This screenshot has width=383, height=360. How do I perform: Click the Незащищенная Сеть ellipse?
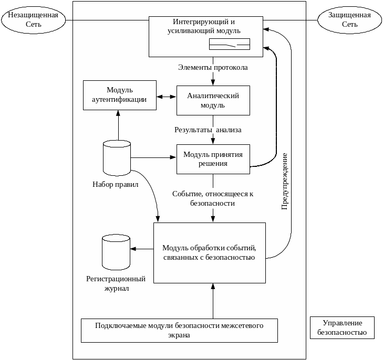pos(33,20)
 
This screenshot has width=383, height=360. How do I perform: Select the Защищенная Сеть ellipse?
pos(349,20)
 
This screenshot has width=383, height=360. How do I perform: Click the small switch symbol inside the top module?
pos(230,45)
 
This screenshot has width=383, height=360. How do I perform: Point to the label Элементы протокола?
pos(213,68)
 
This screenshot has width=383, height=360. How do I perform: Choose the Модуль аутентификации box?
pos(120,95)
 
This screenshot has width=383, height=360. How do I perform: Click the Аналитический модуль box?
pos(213,100)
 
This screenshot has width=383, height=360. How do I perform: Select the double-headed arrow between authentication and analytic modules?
pos(167,97)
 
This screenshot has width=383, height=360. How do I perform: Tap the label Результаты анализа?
pos(208,130)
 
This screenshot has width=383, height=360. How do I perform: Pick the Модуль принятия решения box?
pos(213,159)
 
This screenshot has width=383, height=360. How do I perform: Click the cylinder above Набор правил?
pos(117,157)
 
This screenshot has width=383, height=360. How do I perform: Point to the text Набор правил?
pos(116,184)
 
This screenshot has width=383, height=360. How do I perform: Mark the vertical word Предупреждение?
pos(284,181)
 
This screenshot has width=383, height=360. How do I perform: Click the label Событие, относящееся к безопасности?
pos(213,198)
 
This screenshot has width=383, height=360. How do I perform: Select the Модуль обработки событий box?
pos(210,253)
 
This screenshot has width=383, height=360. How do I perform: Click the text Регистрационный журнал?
pos(116,283)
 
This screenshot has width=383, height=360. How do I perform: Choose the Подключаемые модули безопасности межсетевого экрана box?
pos(179,330)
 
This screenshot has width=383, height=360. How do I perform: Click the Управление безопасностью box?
pos(342,327)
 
